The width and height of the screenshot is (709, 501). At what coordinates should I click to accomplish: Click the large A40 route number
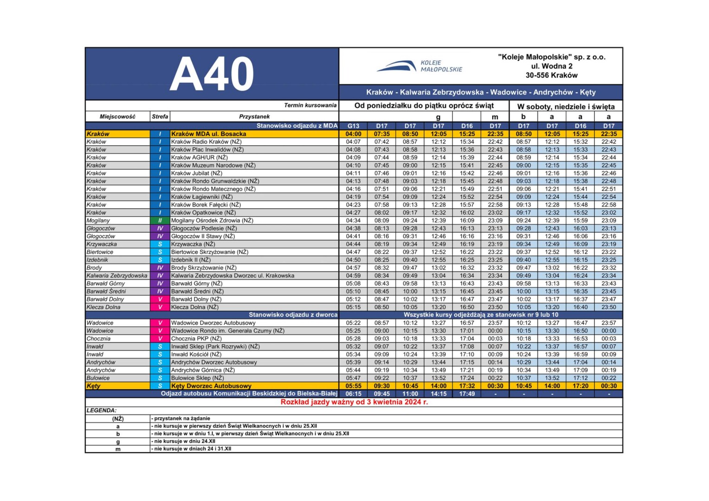click(x=212, y=74)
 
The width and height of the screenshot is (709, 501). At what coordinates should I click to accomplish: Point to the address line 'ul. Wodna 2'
click(x=551, y=66)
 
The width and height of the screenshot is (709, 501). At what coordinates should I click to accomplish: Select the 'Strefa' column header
click(x=160, y=116)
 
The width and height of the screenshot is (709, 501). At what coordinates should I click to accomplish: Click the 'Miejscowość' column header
click(x=117, y=116)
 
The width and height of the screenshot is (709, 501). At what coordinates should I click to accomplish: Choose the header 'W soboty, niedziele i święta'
click(x=566, y=106)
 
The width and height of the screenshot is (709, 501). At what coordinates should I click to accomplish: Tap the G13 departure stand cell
click(x=353, y=126)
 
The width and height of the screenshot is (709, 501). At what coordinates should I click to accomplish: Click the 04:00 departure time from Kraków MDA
click(x=353, y=134)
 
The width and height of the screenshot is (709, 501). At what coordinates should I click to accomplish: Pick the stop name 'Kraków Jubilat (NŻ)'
click(x=197, y=173)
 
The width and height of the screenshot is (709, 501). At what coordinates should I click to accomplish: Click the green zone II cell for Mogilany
click(x=160, y=220)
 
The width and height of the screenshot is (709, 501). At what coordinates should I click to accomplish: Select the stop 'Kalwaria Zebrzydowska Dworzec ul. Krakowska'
click(x=232, y=276)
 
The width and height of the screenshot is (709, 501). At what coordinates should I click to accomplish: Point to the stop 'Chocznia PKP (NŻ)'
click(x=196, y=339)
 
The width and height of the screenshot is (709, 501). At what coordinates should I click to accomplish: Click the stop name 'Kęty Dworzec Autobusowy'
click(x=211, y=386)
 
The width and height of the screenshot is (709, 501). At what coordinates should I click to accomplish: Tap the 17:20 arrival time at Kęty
click(x=580, y=386)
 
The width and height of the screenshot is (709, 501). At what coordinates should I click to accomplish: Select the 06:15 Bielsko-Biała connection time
click(x=353, y=394)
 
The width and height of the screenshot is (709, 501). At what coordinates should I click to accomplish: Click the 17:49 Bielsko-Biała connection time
click(x=467, y=394)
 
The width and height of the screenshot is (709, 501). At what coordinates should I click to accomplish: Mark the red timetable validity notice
click(x=354, y=402)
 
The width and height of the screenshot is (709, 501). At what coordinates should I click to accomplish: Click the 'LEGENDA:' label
click(x=102, y=411)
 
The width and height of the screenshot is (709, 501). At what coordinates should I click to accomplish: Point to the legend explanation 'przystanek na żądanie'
click(x=182, y=418)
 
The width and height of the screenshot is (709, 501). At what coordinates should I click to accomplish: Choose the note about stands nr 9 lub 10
click(x=481, y=315)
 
